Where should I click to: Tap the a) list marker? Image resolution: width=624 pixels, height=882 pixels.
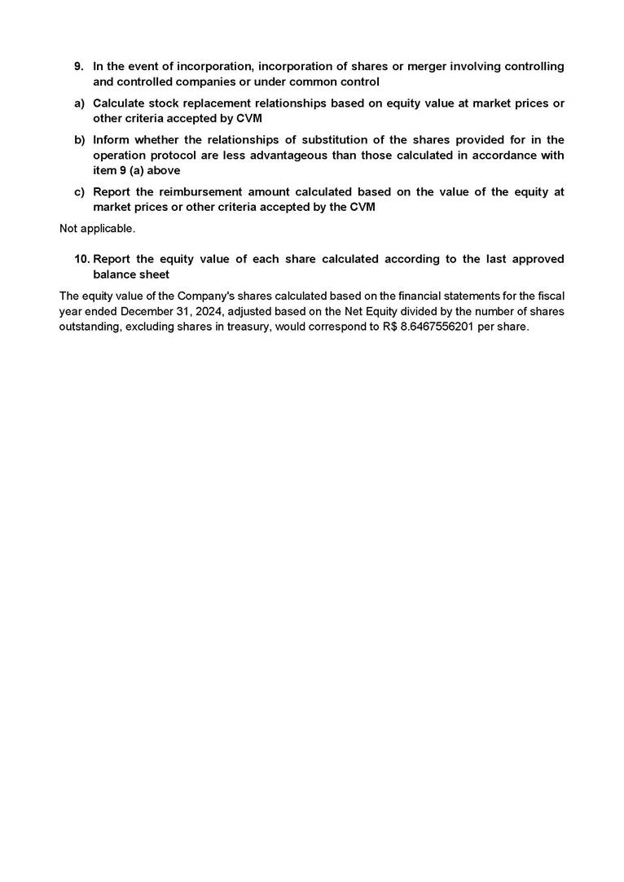click(x=79, y=103)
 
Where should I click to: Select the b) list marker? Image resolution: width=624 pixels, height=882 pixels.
click(x=79, y=140)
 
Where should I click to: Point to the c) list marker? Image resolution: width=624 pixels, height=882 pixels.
click(x=79, y=192)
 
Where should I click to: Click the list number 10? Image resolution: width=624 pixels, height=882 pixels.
click(x=81, y=259)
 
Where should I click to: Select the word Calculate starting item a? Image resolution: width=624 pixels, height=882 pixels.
click(x=121, y=103)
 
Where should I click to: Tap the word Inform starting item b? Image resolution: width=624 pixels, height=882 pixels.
click(x=111, y=140)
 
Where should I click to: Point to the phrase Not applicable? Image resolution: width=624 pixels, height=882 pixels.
click(x=97, y=229)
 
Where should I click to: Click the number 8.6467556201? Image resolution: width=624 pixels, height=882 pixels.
click(x=438, y=327)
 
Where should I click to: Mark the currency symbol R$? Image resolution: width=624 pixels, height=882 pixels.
click(x=389, y=327)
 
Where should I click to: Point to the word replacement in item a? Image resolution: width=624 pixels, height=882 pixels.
click(x=220, y=103)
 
